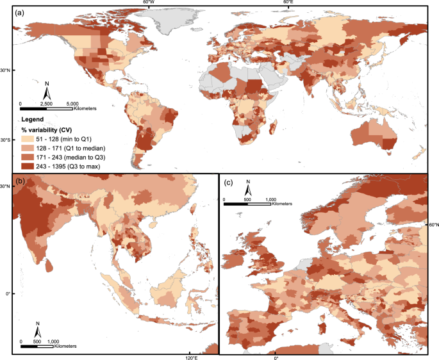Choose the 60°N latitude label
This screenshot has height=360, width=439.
pyautogui.click(x=433, y=224)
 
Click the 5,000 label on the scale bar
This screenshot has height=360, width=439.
pyautogui.click(x=72, y=103)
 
